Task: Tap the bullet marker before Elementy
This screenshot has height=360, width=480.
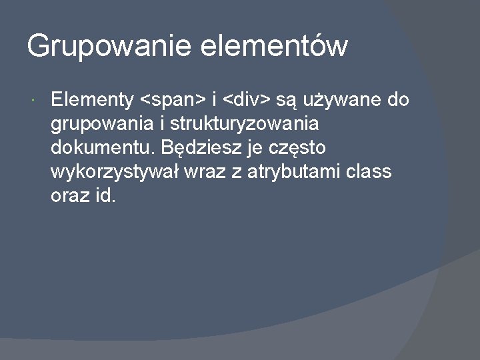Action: point(33,101)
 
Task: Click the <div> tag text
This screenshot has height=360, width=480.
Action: point(247,101)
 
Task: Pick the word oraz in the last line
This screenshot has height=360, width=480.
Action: point(66,196)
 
